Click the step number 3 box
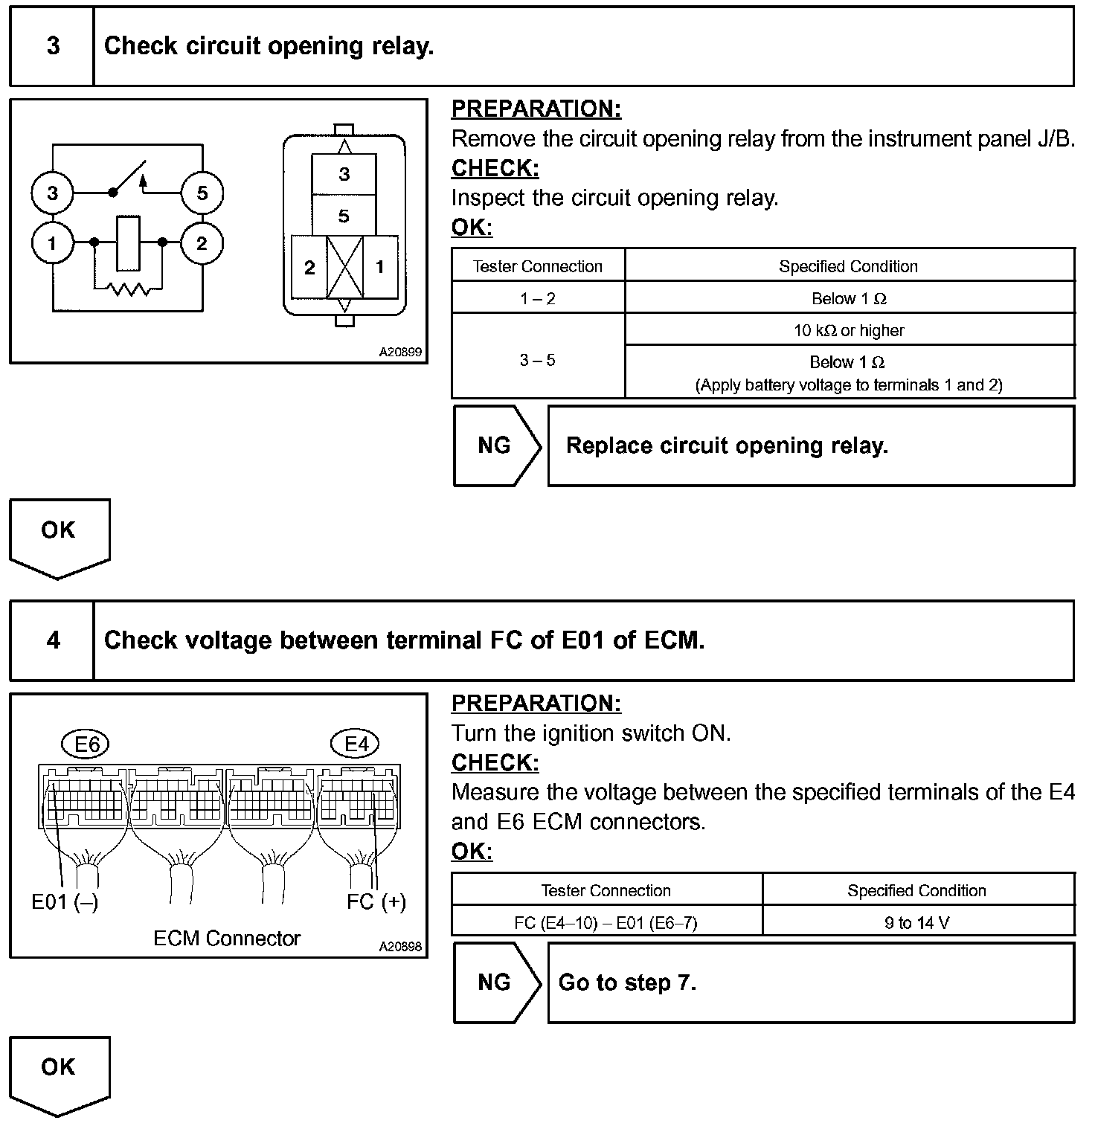click(x=52, y=46)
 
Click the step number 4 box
click(x=52, y=640)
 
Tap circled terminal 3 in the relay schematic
click(x=52, y=193)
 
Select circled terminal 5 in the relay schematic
click(x=202, y=193)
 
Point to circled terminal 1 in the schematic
click(x=52, y=243)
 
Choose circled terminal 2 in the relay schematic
click(x=202, y=243)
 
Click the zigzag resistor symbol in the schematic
click(x=128, y=288)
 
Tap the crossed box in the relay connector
click(x=344, y=268)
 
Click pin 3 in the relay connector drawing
click(x=344, y=175)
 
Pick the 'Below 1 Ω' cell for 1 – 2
click(x=849, y=299)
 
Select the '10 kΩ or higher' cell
click(x=849, y=330)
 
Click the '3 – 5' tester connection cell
click(x=537, y=361)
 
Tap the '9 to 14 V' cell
click(x=916, y=923)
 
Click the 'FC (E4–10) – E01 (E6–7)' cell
click(x=606, y=923)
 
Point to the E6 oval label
click(x=87, y=744)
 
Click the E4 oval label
click(x=356, y=744)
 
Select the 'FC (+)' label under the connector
click(x=376, y=902)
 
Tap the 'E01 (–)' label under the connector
click(x=65, y=902)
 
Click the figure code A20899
click(x=400, y=352)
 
